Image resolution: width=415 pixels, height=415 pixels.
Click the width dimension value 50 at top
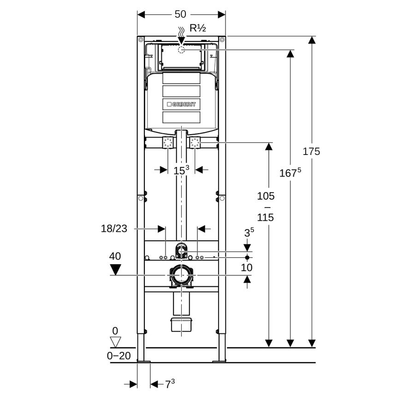(180, 14)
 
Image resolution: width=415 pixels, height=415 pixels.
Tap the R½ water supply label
(198, 28)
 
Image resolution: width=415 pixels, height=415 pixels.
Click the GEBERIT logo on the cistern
(181, 104)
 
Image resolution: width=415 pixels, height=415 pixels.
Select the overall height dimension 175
(311, 151)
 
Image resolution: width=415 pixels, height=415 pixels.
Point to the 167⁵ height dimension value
(290, 172)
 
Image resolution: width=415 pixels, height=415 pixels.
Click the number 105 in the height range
(266, 196)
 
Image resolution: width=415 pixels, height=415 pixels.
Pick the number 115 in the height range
(266, 218)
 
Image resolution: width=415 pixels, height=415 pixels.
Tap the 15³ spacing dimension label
(181, 170)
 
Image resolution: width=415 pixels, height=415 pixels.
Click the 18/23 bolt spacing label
(114, 228)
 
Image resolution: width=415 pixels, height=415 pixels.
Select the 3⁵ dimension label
(249, 232)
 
